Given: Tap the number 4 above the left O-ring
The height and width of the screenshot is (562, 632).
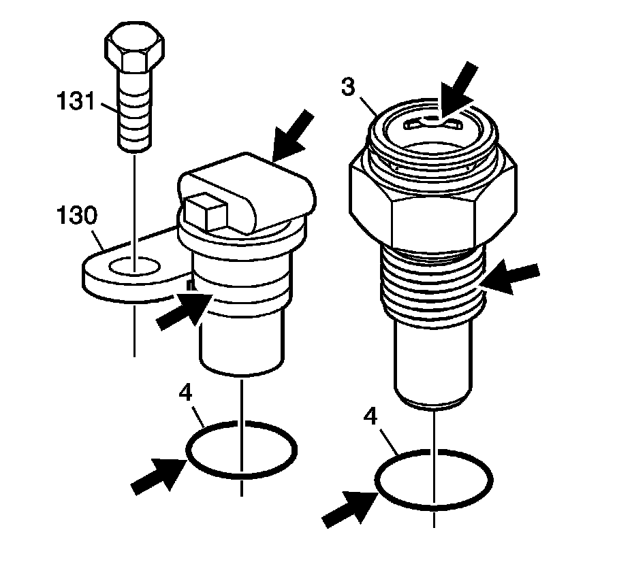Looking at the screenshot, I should [186, 393].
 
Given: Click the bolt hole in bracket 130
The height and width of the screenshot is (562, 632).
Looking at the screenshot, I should [134, 266].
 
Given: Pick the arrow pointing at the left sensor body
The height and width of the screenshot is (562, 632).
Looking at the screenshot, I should [183, 310].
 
